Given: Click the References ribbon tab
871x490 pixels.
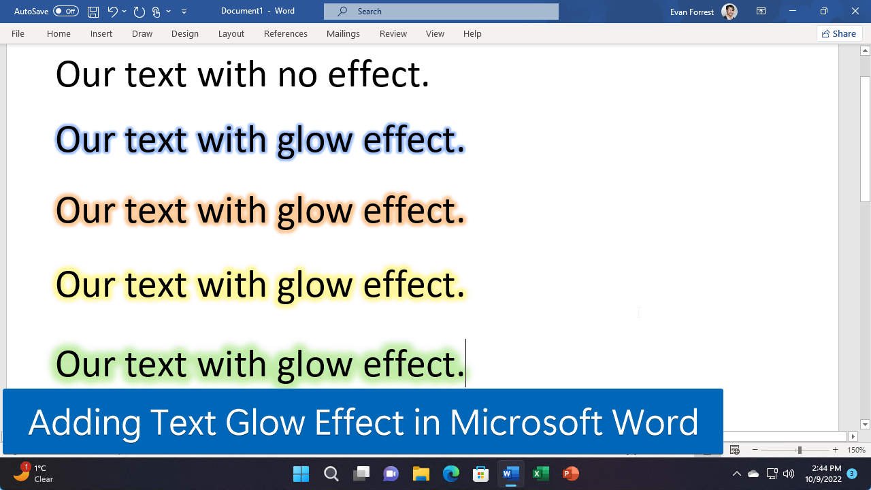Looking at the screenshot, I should (x=285, y=33).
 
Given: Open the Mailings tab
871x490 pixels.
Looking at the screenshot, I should (x=343, y=33).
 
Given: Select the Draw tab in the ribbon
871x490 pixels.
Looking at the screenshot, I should (x=142, y=33).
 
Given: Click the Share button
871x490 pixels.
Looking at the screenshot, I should (x=839, y=33).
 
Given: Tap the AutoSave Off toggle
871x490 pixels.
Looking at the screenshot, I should (x=65, y=11).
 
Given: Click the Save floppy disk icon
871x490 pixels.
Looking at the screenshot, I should (x=93, y=11).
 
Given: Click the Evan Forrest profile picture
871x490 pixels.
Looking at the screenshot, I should (x=729, y=12).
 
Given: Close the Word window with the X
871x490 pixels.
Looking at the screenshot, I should (x=855, y=11).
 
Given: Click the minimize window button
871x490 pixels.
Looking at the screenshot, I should (x=793, y=11).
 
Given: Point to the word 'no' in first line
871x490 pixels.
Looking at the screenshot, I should (x=297, y=74).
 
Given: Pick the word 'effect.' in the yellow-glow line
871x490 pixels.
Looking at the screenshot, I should (x=414, y=284).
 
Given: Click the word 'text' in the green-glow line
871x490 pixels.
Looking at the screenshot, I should (x=155, y=364).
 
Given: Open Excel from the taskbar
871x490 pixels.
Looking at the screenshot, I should (x=541, y=474).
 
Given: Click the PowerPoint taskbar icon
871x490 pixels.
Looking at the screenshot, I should (x=570, y=474).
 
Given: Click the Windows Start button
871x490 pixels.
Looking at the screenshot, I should (x=301, y=474).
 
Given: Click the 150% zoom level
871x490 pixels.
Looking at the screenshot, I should (x=856, y=450).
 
